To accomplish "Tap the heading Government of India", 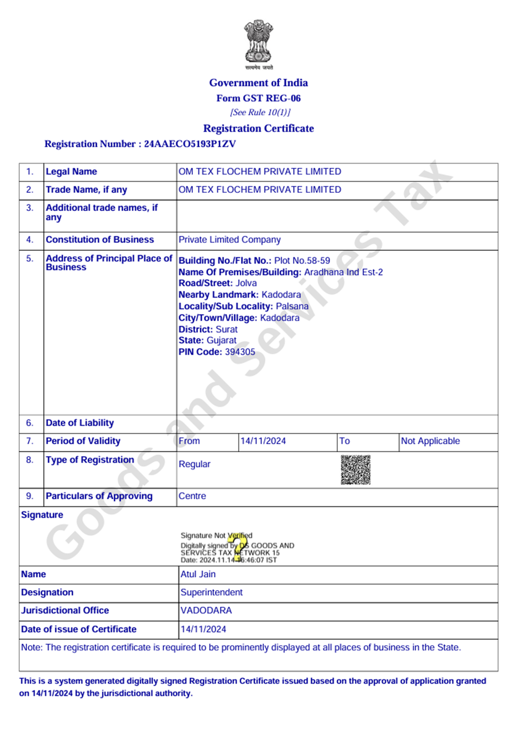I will [258, 83].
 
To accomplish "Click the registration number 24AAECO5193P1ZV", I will [190, 144].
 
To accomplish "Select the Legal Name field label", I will [71, 171].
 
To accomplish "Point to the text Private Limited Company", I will [229, 240].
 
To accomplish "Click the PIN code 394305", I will [240, 352].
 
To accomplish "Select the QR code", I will [355, 470].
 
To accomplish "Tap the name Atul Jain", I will [198, 574].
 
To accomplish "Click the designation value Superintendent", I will [212, 592].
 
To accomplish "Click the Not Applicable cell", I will [430, 441].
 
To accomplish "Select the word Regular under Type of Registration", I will [195, 464].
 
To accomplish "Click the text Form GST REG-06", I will [258, 98].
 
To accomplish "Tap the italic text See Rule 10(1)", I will [260, 112].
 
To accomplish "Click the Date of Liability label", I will [80, 423].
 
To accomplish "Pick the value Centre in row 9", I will [192, 496].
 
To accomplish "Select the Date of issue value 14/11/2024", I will [203, 629].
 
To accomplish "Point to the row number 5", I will [30, 258].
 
